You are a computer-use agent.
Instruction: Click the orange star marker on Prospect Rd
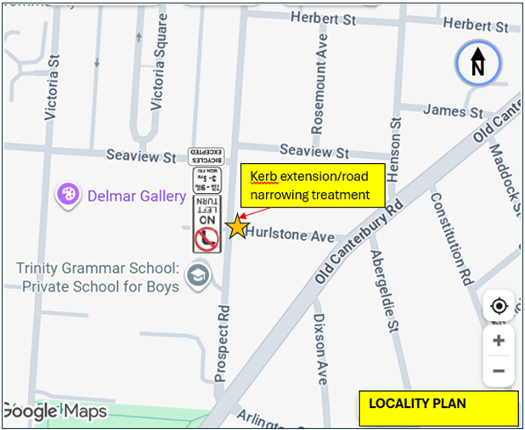coord(237,227)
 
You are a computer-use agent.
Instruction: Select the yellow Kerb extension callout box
coord(311,185)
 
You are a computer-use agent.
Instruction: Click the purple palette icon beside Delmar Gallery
coord(68,195)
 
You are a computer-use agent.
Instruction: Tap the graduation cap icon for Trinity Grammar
coord(198,276)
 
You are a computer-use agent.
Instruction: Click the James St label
coord(453,111)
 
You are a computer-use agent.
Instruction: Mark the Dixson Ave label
coord(320,348)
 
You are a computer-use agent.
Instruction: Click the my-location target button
coord(499,306)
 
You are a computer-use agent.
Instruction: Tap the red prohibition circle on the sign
coord(206,240)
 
